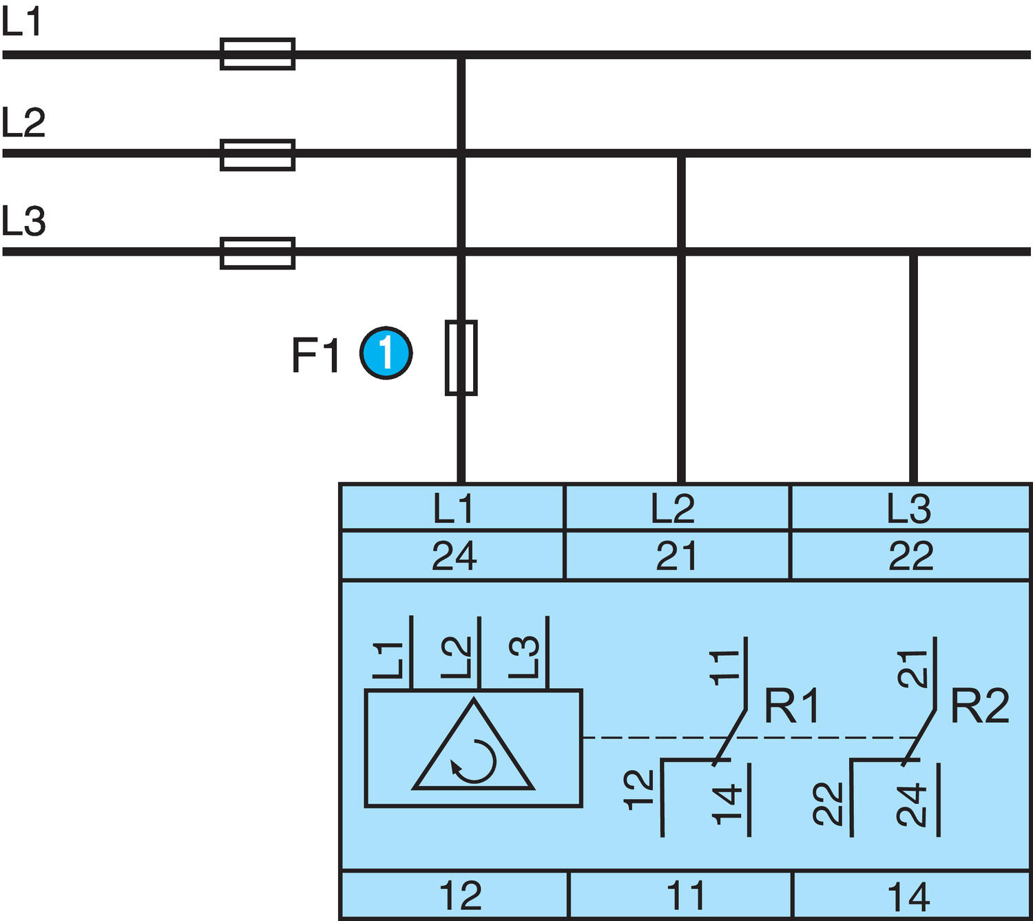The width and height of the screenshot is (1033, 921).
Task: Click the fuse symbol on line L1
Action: coord(258,54)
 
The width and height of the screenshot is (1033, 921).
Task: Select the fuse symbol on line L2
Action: coord(258,154)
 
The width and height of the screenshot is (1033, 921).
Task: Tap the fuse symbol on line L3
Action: coord(258,253)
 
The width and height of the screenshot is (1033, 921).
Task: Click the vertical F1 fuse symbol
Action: coord(461,358)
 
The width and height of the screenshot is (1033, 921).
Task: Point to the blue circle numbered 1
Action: coord(386,353)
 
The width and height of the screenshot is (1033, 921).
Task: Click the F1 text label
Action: coord(315,355)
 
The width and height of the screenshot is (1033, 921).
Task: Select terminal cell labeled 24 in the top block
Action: coord(452,555)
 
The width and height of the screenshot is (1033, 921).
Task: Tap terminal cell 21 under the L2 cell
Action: coord(676,555)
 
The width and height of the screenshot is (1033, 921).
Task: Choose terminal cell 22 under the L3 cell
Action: coord(910,555)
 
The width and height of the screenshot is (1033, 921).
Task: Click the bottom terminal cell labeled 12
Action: coord(455,895)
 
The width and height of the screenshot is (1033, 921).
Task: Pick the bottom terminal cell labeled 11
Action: coord(680,895)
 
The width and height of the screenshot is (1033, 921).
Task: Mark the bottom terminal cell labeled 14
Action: coord(910,895)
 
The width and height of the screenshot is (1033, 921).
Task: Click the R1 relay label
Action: coord(792,705)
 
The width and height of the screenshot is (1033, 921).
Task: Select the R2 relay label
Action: coord(979,705)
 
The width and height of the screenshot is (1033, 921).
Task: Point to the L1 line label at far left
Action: coord(22,22)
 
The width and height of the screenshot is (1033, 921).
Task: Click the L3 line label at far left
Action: coord(23,221)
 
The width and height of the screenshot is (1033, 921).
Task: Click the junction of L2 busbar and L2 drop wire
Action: coord(681,154)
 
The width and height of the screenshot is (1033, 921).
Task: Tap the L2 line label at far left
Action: coord(23,122)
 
